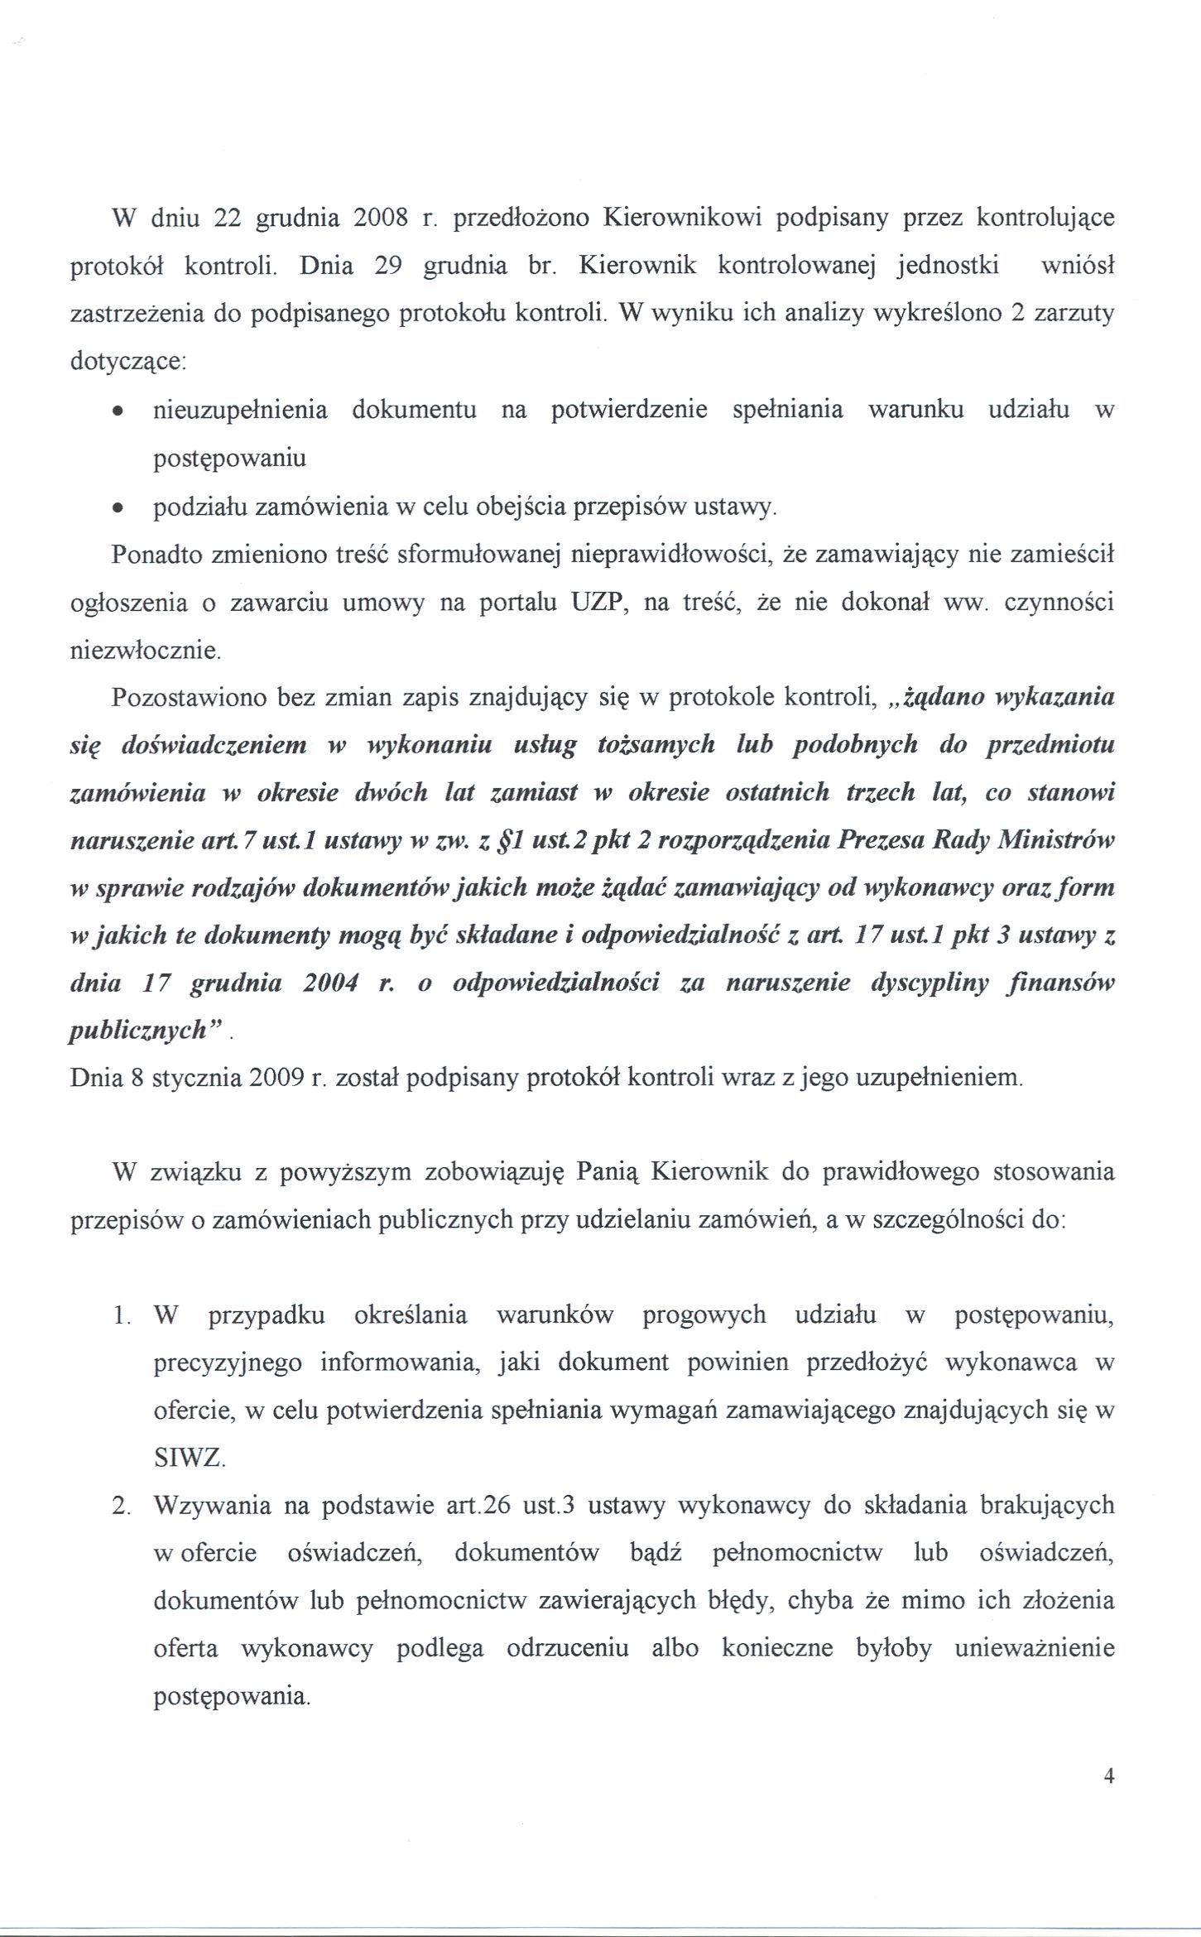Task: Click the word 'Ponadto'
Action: tap(153, 554)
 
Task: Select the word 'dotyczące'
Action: tap(126, 363)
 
